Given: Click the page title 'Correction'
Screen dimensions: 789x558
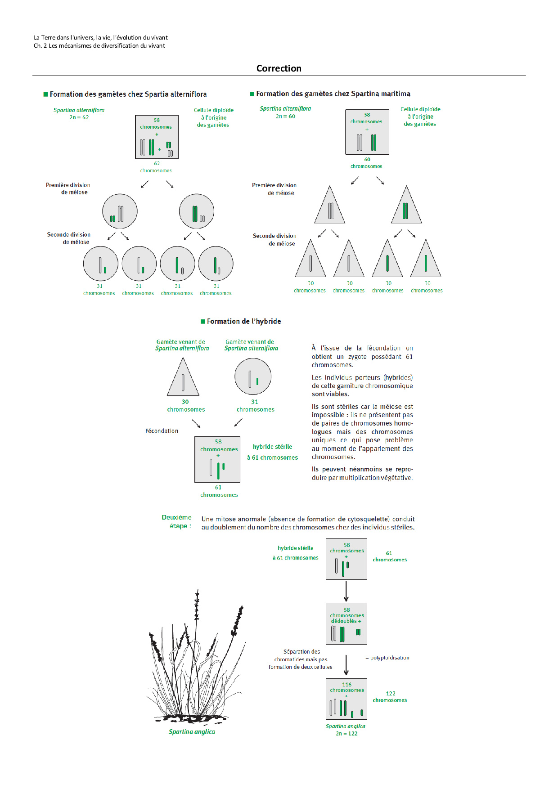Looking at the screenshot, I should [279, 68].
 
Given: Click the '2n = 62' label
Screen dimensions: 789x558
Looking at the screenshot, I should [79, 117].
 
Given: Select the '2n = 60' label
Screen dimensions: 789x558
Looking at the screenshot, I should [285, 116].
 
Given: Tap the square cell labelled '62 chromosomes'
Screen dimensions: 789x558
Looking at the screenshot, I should [157, 137].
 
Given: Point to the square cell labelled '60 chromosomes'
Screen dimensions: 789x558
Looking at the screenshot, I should [367, 132].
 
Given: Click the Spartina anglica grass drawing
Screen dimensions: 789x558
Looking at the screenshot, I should [196, 661].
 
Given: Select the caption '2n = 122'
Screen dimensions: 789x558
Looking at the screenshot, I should [346, 733].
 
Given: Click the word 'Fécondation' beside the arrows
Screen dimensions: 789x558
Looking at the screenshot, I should [162, 431].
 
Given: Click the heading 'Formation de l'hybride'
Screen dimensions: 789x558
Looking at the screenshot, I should [244, 321].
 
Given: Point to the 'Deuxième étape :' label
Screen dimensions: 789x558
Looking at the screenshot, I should [177, 521].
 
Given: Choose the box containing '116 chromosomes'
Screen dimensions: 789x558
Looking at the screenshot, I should [346, 699].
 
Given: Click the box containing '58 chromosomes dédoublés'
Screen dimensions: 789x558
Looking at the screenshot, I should [346, 623].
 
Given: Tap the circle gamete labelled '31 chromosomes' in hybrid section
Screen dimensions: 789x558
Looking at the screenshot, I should [253, 377].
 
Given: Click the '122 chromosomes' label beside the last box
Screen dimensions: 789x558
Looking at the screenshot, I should [390, 697].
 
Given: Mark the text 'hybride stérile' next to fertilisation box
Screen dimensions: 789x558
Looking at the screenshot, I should [272, 447].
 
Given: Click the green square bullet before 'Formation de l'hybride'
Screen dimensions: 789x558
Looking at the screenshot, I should [203, 322].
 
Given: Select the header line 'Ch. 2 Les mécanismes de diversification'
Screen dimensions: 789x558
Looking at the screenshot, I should [99, 45].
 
